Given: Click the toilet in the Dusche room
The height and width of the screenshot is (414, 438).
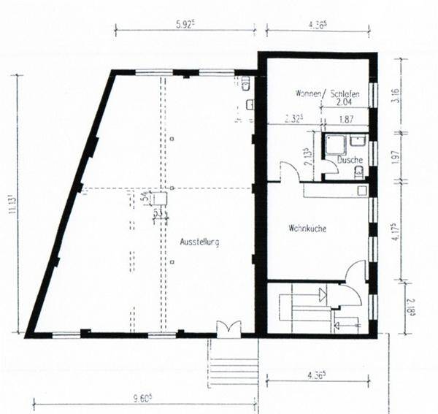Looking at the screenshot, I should tap(358, 171).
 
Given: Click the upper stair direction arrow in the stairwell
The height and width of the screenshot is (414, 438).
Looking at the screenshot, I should tap(322, 294).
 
